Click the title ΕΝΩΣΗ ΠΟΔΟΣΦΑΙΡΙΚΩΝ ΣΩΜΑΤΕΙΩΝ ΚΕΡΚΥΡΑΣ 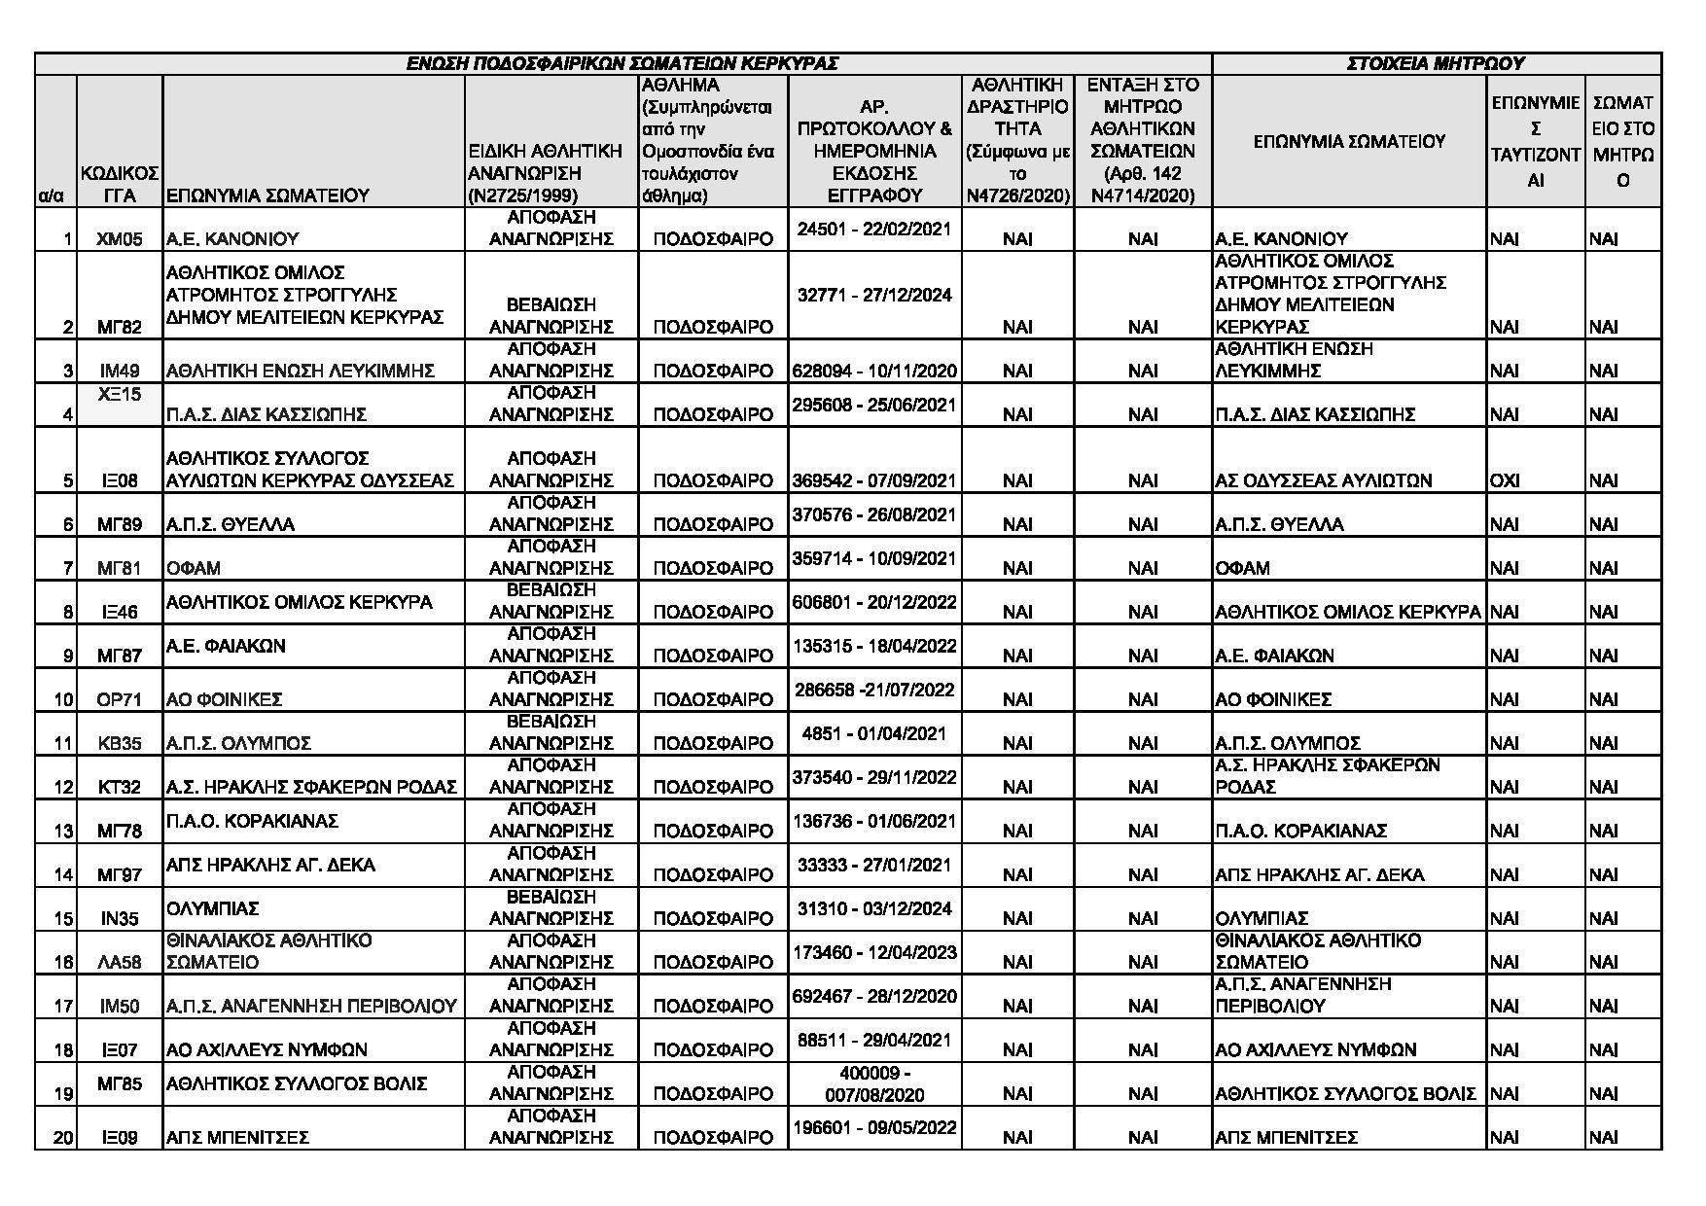(x=622, y=64)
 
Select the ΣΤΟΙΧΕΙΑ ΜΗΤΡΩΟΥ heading (x=1436, y=64)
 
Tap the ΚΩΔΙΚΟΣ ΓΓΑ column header (x=120, y=185)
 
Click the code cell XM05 (x=120, y=238)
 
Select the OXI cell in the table (x=1504, y=480)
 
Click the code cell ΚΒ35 (x=120, y=744)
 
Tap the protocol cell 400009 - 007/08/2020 (x=873, y=1084)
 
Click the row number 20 (x=63, y=1138)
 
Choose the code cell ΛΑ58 (x=120, y=963)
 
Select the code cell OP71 (x=120, y=700)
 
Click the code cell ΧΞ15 (x=120, y=394)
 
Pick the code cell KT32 (x=120, y=788)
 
